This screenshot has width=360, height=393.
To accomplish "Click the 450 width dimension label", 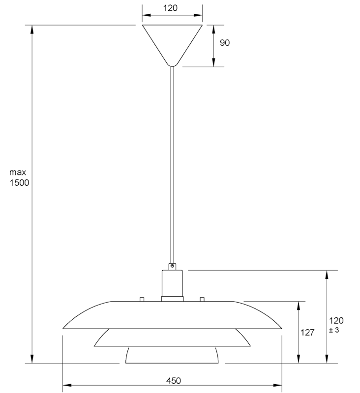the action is pos(173,381).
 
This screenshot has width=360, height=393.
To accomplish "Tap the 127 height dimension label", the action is pos(307,333).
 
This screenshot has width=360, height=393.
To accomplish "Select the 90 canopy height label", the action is pos(225,43).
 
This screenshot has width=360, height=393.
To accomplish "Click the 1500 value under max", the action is pos(19,183).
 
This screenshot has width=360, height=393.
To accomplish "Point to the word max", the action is pos(18,172).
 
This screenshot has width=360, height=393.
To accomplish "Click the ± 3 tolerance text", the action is pos(334,330).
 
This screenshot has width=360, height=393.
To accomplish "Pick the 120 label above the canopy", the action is pos(170,8).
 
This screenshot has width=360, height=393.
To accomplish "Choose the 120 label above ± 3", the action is pos(336,321).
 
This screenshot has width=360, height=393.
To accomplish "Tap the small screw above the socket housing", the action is pos(172,266).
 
